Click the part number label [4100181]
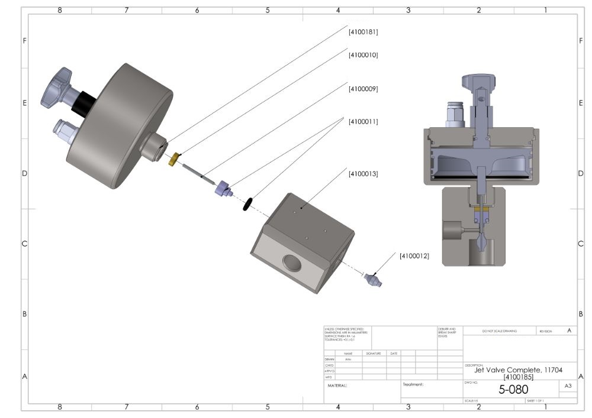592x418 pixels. (363, 32)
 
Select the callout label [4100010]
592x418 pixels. (363, 54)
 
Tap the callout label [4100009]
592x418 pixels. (363, 89)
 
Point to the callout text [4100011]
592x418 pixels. (363, 121)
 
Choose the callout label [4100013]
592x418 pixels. (363, 174)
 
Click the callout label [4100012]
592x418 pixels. (414, 255)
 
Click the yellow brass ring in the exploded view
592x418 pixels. (173, 159)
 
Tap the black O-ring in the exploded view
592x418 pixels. (247, 204)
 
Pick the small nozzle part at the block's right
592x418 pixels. (374, 279)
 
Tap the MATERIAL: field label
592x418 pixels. (337, 385)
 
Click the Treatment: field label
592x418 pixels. (414, 384)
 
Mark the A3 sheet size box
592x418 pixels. (567, 385)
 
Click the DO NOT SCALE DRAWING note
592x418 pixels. (499, 330)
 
